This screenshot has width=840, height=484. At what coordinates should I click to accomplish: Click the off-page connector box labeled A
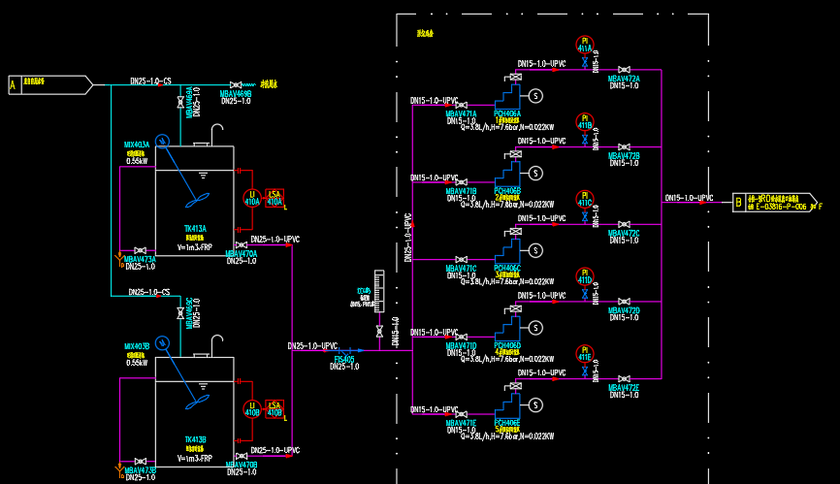(x=13, y=85)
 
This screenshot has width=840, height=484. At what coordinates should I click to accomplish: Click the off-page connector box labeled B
(x=739, y=203)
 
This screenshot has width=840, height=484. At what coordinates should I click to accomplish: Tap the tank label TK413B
(x=195, y=439)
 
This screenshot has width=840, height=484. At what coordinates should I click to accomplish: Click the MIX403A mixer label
(x=137, y=145)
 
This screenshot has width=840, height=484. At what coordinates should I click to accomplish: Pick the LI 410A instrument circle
(x=252, y=198)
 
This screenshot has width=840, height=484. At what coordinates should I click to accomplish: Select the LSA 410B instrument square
(x=275, y=408)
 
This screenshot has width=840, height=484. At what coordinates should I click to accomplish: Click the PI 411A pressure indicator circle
(x=584, y=44)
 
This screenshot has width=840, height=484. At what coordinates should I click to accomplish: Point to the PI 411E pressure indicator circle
(x=584, y=353)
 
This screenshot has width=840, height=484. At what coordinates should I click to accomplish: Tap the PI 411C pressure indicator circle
(x=584, y=199)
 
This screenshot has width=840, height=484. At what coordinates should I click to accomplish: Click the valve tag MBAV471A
(x=461, y=113)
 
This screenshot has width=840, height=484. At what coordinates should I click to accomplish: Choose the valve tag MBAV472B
(x=624, y=155)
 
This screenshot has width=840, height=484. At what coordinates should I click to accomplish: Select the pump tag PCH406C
(x=507, y=268)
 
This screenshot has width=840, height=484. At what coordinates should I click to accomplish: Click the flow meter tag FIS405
(x=344, y=359)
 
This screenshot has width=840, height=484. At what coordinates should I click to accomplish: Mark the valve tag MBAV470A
(x=242, y=254)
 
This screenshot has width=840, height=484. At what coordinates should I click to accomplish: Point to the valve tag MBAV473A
(x=140, y=259)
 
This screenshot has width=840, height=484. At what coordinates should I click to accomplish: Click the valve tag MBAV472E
(x=624, y=388)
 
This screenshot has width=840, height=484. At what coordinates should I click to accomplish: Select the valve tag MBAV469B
(x=236, y=94)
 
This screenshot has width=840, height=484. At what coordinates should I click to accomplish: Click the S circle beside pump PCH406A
(x=533, y=94)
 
